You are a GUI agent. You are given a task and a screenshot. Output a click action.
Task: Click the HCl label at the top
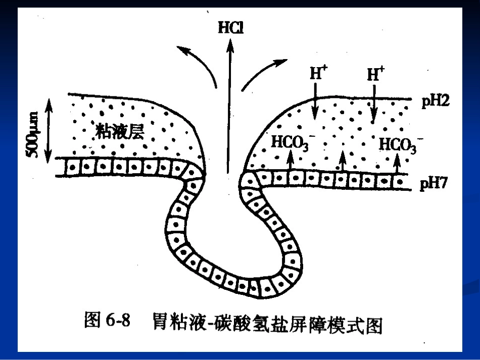(230, 28)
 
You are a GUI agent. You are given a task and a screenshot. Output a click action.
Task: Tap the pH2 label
(436, 101)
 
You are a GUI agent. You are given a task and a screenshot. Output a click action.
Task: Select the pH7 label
(434, 183)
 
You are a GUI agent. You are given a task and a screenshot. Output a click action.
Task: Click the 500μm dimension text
(33, 135)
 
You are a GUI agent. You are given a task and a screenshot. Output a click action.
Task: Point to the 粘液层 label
(120, 131)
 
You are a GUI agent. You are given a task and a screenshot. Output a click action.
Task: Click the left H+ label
(318, 73)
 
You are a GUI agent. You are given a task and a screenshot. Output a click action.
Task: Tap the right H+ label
(375, 74)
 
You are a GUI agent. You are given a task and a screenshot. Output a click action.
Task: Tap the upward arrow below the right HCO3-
(397, 164)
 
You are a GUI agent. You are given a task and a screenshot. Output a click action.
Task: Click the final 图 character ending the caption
(374, 326)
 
